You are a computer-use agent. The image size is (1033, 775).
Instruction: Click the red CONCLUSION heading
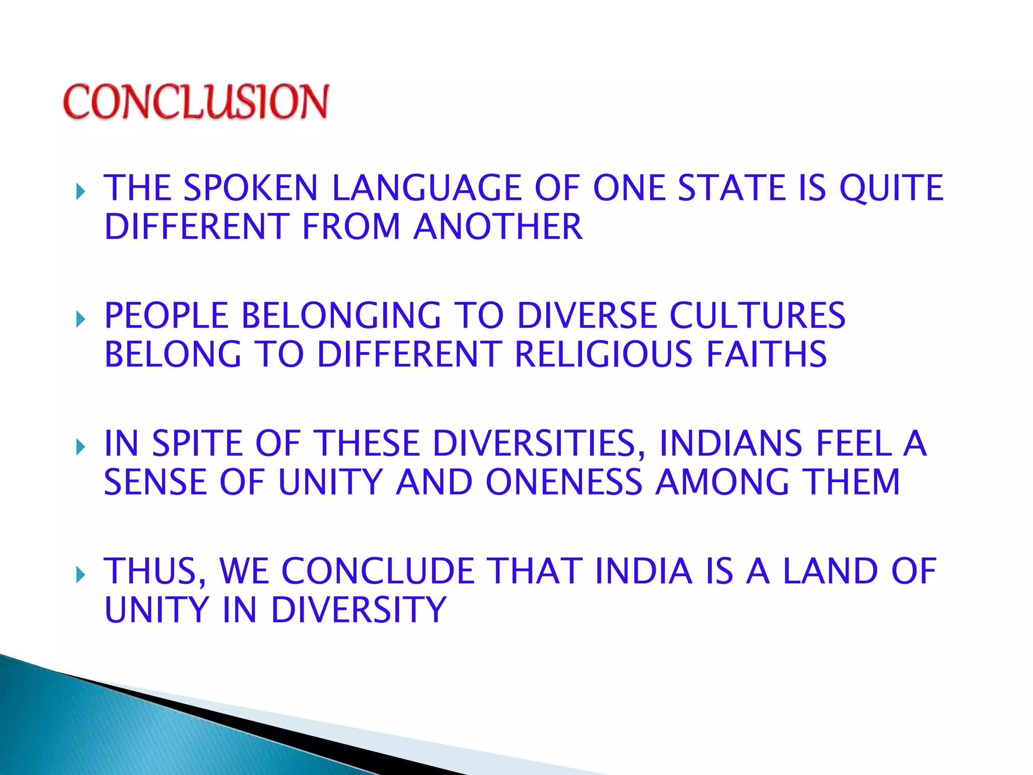(x=196, y=102)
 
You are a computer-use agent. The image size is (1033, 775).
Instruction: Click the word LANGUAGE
(x=426, y=188)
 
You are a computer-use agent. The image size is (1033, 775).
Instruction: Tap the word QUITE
(x=891, y=188)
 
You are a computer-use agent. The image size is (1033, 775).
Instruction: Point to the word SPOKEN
(x=251, y=188)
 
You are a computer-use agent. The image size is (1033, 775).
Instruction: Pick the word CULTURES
(x=757, y=316)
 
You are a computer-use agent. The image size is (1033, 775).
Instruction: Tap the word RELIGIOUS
(x=603, y=354)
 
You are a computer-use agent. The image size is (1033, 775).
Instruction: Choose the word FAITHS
(x=766, y=354)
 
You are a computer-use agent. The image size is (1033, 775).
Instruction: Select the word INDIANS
(x=731, y=444)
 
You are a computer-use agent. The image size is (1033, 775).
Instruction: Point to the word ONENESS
(x=564, y=482)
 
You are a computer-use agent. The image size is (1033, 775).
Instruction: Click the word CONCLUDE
(x=378, y=572)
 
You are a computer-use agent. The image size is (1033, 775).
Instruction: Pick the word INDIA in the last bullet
(x=644, y=572)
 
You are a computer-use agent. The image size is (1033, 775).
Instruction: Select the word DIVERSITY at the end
(x=359, y=610)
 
